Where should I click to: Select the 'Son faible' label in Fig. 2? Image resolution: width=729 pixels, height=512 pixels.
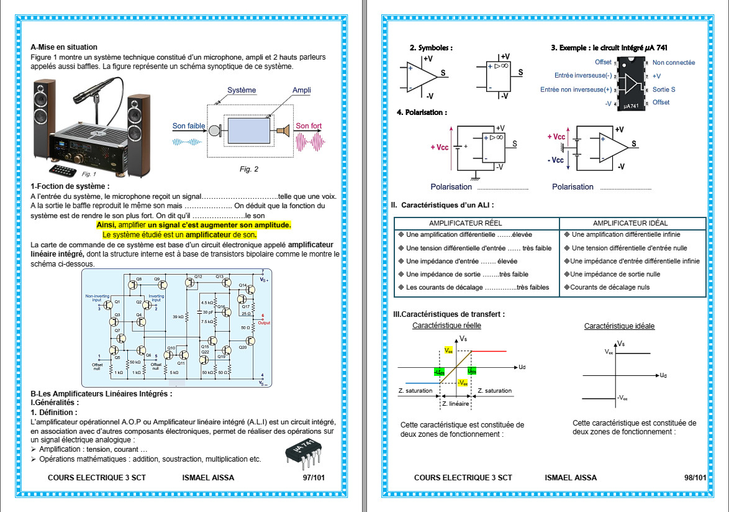click(189, 126)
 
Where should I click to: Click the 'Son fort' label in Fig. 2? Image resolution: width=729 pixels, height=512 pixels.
click(309, 126)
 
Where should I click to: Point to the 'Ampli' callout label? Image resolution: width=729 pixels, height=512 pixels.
click(302, 91)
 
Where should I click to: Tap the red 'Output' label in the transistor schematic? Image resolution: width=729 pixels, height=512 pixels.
click(265, 322)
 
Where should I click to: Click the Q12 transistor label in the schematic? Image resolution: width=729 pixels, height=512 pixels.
click(198, 276)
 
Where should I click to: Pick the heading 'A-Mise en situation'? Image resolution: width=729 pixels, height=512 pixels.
click(64, 47)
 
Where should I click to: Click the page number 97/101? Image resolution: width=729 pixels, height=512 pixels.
click(314, 478)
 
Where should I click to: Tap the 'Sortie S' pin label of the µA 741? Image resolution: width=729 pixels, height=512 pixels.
click(664, 89)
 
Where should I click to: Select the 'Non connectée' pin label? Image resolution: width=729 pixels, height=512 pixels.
click(674, 63)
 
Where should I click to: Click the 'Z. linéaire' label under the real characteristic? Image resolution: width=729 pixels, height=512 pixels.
click(455, 404)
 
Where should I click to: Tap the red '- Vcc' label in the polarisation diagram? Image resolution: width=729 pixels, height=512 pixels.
click(556, 160)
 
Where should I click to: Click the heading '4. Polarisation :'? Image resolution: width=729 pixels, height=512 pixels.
click(422, 112)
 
